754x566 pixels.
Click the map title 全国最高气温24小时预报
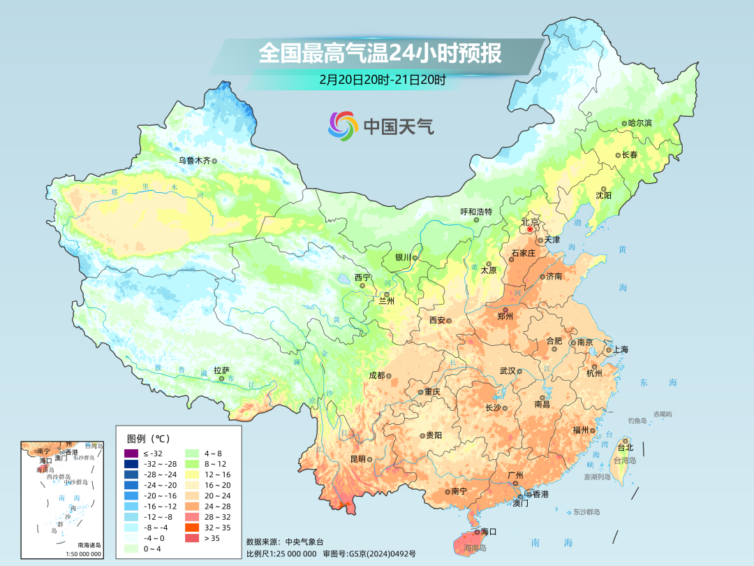pos(380,54)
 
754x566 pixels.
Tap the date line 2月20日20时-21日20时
pos(382,80)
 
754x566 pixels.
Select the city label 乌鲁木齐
pos(193,160)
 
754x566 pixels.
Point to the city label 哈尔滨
pos(640,123)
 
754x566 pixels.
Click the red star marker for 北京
pos(530,228)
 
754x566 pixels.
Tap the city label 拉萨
pos(221,370)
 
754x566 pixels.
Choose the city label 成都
pos(376,375)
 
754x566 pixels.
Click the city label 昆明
pos(357,459)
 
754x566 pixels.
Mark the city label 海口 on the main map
pos(489,532)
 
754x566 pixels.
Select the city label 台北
pos(624,447)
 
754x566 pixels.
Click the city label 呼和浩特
pos(476,211)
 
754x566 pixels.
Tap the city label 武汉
pos(508,370)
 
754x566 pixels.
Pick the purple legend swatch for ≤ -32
pos(131,453)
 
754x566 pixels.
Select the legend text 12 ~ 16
pos(216,474)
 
